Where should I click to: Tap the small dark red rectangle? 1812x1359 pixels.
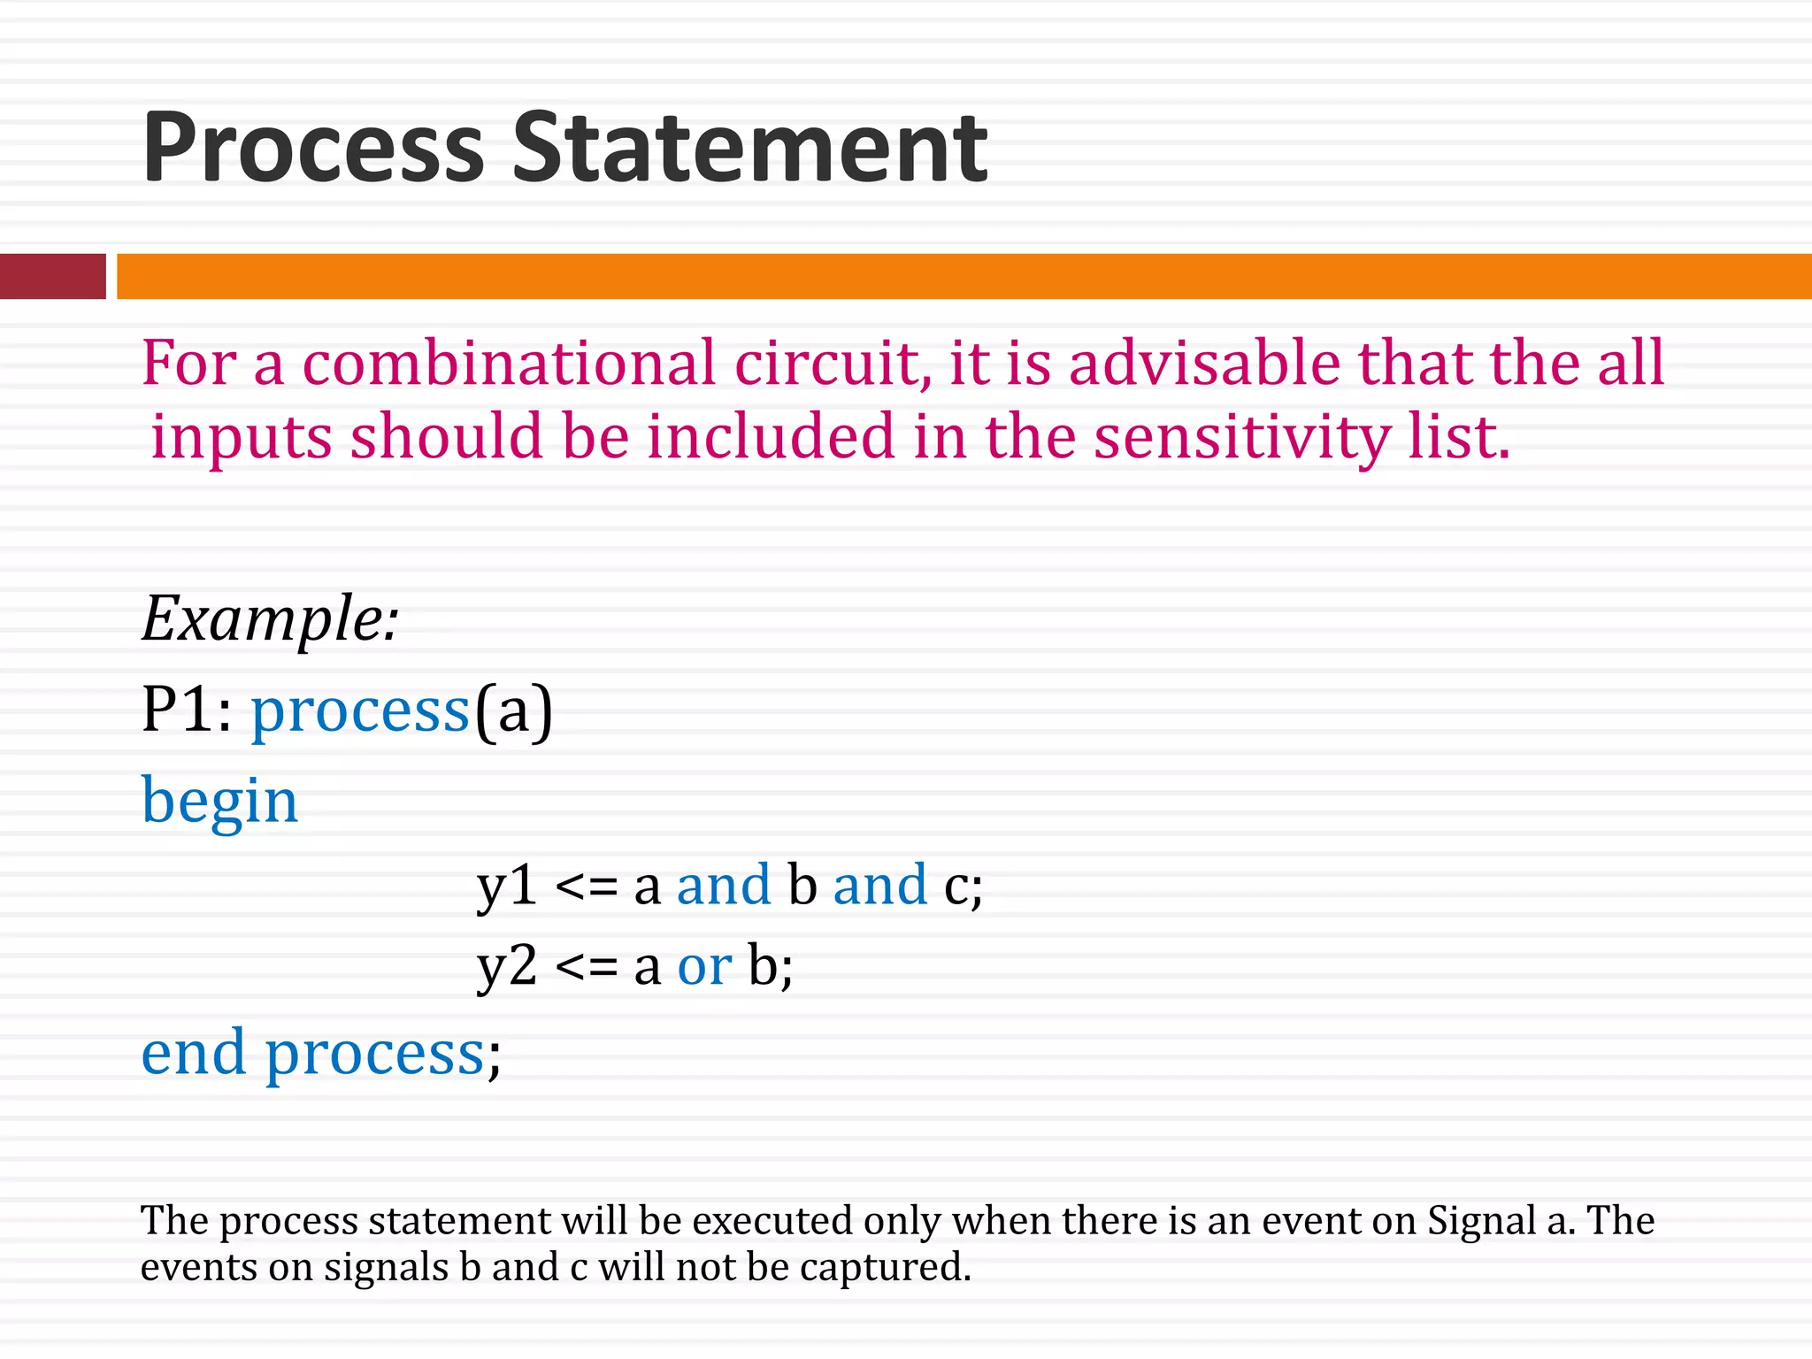pos(52,276)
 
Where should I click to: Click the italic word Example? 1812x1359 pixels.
pos(270,618)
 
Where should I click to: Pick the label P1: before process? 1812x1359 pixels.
pos(187,710)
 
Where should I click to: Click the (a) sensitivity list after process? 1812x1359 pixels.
pos(513,710)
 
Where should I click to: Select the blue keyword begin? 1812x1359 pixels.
pos(219,801)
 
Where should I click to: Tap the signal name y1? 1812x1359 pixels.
pos(507,885)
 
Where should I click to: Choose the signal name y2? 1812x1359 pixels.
pos(507,965)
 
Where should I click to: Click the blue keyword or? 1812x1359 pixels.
pos(704,965)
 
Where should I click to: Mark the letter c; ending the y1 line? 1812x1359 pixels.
pos(963,885)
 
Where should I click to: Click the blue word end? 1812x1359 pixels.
pos(193,1053)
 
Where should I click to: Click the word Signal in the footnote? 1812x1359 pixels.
pos(1481,1221)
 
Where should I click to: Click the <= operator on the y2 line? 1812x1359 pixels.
pos(586,967)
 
